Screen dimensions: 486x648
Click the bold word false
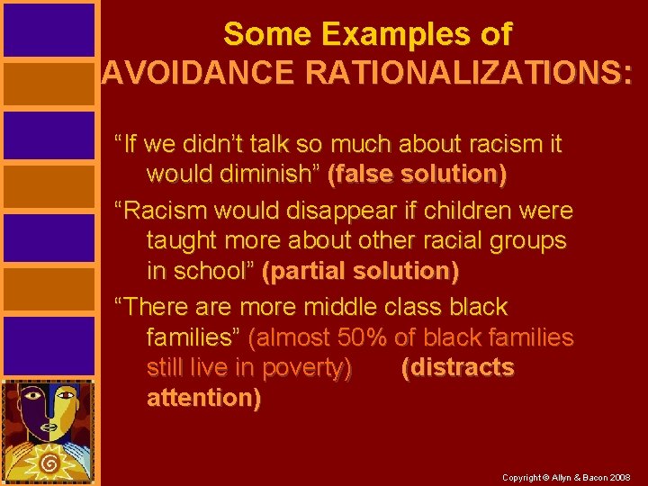pos(364,173)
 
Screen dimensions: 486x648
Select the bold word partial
pos(307,270)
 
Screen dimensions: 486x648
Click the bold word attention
pos(203,397)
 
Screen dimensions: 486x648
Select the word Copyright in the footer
pos(521,476)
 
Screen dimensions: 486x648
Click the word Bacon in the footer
pos(592,476)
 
